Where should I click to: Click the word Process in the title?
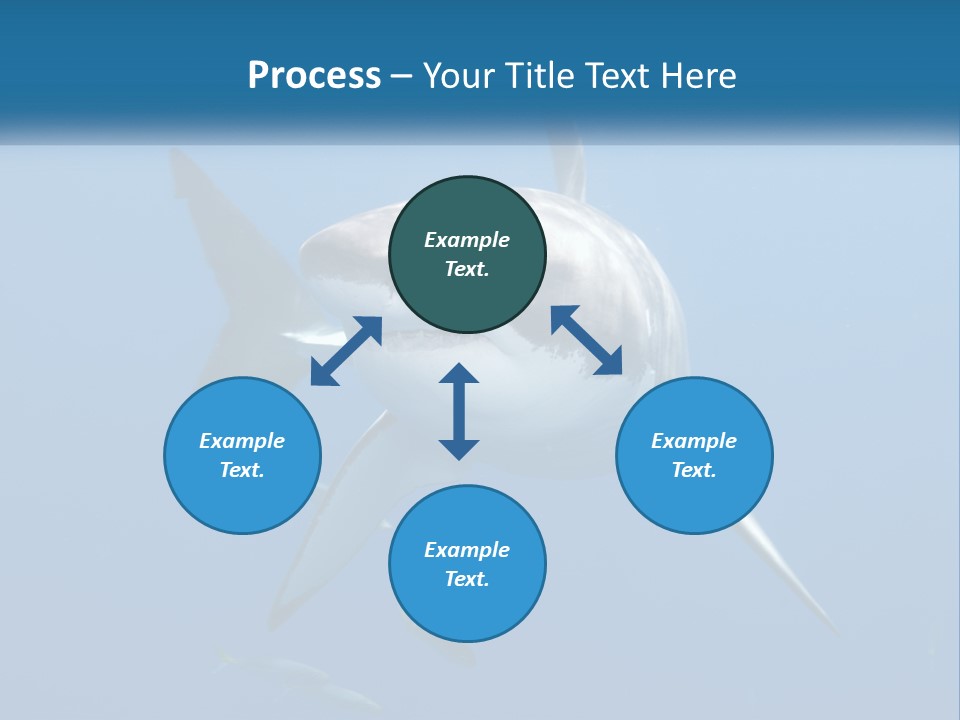pos(314,76)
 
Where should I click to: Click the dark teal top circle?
pos(467,290)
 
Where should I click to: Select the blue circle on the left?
pos(242,500)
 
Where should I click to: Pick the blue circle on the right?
pos(694,500)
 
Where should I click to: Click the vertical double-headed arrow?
pos(459,411)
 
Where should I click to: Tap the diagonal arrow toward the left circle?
pos(346,351)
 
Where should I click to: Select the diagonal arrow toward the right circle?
pos(587,340)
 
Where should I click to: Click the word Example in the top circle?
pos(467,240)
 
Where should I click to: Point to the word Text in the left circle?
pos(241,470)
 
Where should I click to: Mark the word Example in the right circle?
pos(694,441)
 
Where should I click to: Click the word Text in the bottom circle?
pos(466,579)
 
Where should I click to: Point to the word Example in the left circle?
pos(242,441)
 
